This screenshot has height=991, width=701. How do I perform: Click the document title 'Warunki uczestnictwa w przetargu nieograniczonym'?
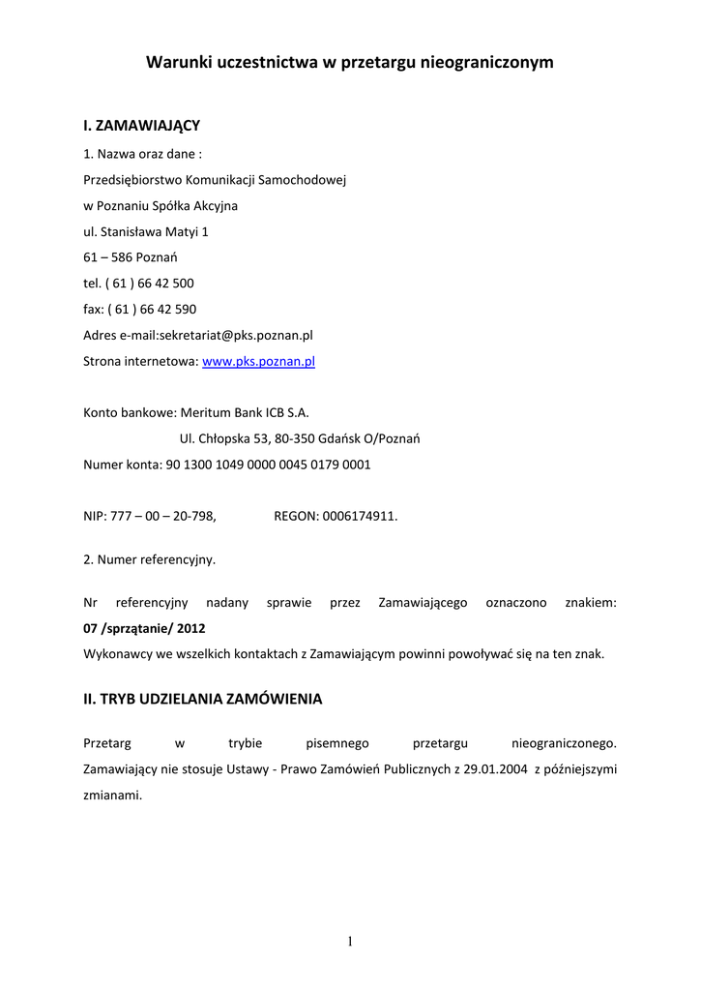click(x=350, y=63)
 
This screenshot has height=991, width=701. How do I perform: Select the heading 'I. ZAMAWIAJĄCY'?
click(x=141, y=126)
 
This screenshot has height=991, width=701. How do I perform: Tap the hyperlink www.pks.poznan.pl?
click(x=258, y=361)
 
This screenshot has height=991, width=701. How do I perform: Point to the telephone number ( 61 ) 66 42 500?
click(x=150, y=284)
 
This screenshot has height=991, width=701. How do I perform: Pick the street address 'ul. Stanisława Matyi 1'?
click(x=146, y=232)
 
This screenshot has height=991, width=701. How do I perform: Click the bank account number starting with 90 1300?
click(x=268, y=465)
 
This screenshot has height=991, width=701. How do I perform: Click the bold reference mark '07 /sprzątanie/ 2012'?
click(x=144, y=628)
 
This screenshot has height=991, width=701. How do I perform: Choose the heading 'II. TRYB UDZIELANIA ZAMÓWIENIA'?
click(x=203, y=699)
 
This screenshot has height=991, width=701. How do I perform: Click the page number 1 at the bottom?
click(x=350, y=942)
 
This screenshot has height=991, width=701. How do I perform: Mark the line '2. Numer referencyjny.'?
click(x=150, y=559)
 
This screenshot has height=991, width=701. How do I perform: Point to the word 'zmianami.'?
click(x=113, y=796)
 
